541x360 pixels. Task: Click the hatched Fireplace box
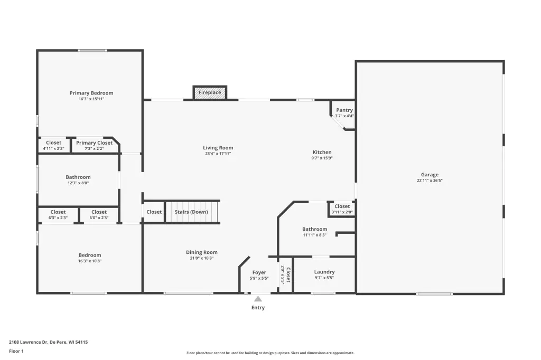pyautogui.click(x=210, y=92)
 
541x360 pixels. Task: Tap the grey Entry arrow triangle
pyautogui.click(x=258, y=299)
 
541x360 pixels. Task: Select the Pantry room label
pyautogui.click(x=344, y=110)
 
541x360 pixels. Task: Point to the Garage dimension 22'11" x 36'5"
pyautogui.click(x=430, y=181)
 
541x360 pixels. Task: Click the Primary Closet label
pyautogui.click(x=94, y=143)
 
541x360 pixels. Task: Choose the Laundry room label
pyautogui.click(x=324, y=272)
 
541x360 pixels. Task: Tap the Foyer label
pyautogui.click(x=259, y=272)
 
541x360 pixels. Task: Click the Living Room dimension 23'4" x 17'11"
pyautogui.click(x=218, y=154)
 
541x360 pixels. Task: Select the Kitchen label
pyautogui.click(x=322, y=152)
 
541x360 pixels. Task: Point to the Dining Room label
pyautogui.click(x=201, y=252)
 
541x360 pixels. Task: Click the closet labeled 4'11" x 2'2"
pyautogui.click(x=53, y=145)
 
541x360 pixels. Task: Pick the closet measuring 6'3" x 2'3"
pyautogui.click(x=58, y=215)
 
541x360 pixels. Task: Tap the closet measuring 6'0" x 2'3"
pyautogui.click(x=99, y=215)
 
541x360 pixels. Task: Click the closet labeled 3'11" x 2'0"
pyautogui.click(x=342, y=209)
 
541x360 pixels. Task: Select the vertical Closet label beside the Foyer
pyautogui.click(x=288, y=275)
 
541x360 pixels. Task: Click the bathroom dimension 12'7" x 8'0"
pyautogui.click(x=78, y=183)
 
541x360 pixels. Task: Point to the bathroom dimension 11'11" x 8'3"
pyautogui.click(x=315, y=235)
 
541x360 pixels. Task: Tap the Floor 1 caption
pyautogui.click(x=16, y=351)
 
